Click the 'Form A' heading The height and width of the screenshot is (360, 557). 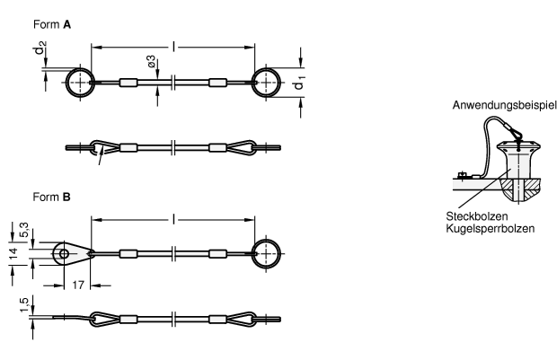click(52, 24)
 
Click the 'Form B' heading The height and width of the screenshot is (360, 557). click(51, 197)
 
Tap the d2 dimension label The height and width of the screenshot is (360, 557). click(40, 48)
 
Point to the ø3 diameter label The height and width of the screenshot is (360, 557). click(151, 61)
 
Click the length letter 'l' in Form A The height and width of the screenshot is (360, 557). click(173, 46)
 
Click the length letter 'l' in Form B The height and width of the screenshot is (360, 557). click(173, 219)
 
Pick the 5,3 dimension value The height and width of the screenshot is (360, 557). click(23, 230)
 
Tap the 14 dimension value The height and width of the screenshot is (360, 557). click(13, 253)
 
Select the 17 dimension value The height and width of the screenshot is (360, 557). click(78, 285)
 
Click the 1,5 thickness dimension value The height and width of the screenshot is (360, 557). click(23, 305)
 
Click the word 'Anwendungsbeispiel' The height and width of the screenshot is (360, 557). click(504, 105)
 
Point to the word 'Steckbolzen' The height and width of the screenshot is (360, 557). click(477, 216)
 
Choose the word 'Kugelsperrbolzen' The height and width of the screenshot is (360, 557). click(491, 228)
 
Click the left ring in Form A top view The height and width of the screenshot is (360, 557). click(66, 83)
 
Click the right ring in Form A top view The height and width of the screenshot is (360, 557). click(280, 83)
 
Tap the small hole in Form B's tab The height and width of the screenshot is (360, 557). click(64, 253)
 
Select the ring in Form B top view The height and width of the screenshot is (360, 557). click(280, 253)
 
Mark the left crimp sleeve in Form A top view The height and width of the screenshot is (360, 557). click(128, 83)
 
